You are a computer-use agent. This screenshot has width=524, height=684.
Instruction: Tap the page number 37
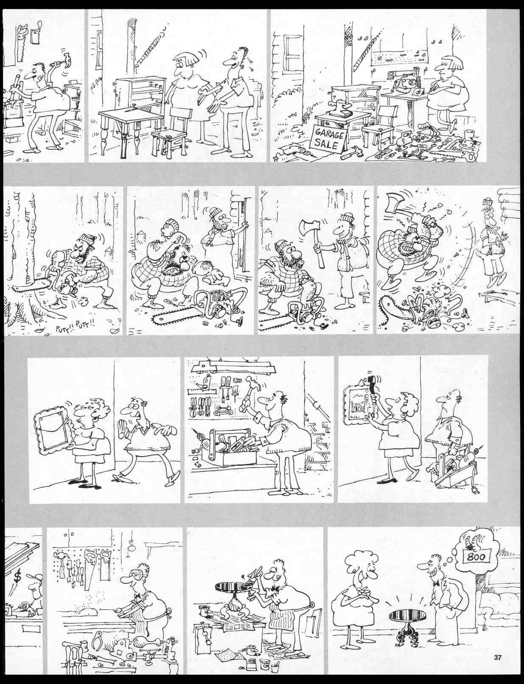(498, 658)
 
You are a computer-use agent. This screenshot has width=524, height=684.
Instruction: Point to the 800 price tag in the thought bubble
(477, 557)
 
